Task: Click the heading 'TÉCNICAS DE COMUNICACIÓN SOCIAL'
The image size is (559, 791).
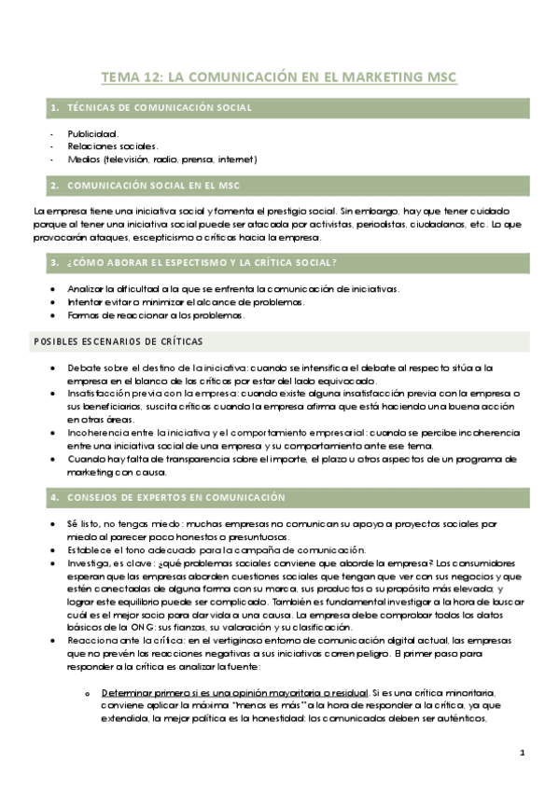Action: [x=160, y=109]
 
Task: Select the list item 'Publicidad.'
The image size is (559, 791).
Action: [x=93, y=133]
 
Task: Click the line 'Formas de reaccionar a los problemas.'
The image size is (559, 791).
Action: [x=156, y=315]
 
